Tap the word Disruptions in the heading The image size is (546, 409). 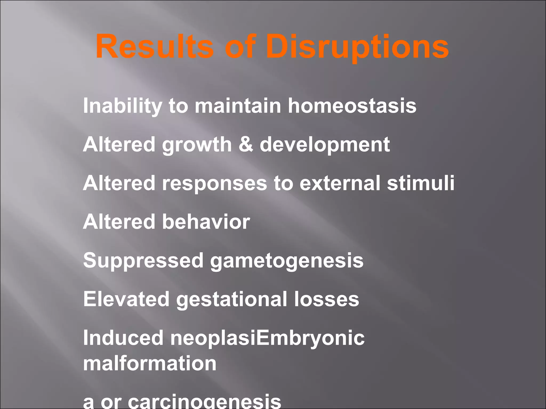point(357,47)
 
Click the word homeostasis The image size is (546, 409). point(352,105)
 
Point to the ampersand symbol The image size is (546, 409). point(246,144)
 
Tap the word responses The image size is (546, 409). point(214,184)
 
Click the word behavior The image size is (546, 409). point(206,222)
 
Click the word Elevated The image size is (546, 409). point(126,299)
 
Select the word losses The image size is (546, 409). point(327,299)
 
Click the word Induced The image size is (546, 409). point(123,338)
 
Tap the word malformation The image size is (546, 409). point(150,363)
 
